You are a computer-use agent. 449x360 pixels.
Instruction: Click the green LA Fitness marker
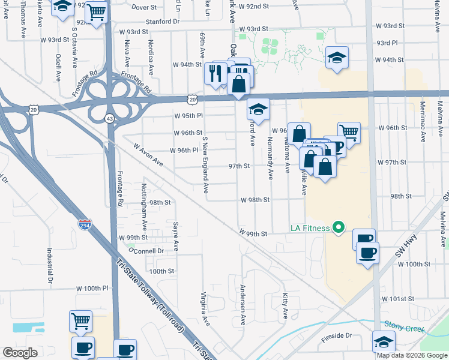coord(338,227)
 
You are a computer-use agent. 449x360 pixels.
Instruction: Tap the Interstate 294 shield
coord(85,225)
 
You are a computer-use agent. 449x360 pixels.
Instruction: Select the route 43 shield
coord(110,119)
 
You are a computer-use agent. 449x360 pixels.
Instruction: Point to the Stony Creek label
coord(405,326)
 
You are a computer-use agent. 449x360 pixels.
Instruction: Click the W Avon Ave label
coord(148,154)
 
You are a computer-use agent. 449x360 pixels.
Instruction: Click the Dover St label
coord(143,7)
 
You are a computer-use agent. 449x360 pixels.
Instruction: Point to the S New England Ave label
coord(205,164)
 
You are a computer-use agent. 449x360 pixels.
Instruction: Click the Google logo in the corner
coord(20,353)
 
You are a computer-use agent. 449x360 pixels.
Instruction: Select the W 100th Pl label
coord(92,288)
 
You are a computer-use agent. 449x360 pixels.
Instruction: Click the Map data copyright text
coord(411,355)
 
